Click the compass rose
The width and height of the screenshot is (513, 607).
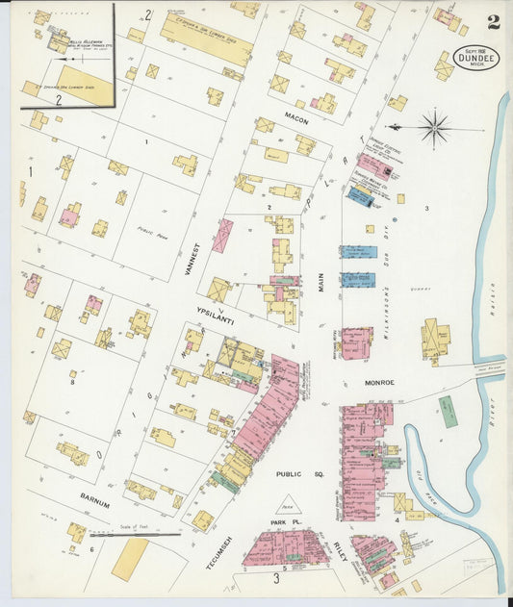click(x=435, y=126)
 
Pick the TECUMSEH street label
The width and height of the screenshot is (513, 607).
click(x=213, y=548)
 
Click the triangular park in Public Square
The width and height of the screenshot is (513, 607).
click(x=287, y=502)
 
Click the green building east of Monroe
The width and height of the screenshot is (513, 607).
click(x=449, y=411)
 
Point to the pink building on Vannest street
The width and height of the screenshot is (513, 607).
click(x=222, y=235)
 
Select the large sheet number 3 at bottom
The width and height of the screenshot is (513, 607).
click(x=276, y=578)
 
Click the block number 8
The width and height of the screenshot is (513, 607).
click(x=71, y=382)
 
